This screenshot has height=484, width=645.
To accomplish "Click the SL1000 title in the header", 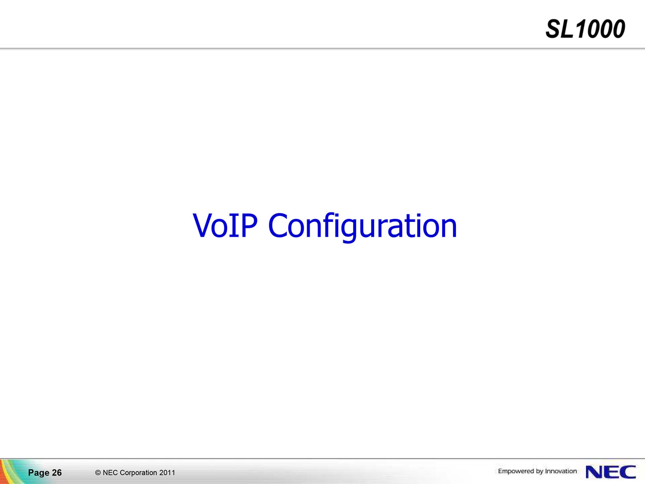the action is (x=585, y=29).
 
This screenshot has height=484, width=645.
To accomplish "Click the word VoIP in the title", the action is (x=225, y=225).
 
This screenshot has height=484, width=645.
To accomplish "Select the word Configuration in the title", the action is (x=363, y=227).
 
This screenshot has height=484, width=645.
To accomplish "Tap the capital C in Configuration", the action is (x=277, y=225).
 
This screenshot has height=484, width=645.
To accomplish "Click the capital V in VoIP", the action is (x=202, y=225).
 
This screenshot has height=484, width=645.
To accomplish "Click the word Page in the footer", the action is (x=39, y=473).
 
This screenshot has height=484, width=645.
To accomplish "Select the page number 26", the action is (x=57, y=473).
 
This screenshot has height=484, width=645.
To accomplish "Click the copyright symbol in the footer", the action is (x=98, y=473).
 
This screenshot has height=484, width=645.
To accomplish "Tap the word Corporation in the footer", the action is (x=138, y=473).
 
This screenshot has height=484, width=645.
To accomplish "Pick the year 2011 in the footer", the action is (x=167, y=473).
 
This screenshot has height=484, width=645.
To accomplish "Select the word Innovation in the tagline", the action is (x=561, y=471).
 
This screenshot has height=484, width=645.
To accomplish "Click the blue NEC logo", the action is (x=611, y=472).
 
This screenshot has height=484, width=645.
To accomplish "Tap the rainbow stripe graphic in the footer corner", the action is (x=10, y=472).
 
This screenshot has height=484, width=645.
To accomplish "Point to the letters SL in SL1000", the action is (x=560, y=29).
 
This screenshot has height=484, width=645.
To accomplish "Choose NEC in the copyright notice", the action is (x=110, y=473).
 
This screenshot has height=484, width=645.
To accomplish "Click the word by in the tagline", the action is (x=539, y=472).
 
